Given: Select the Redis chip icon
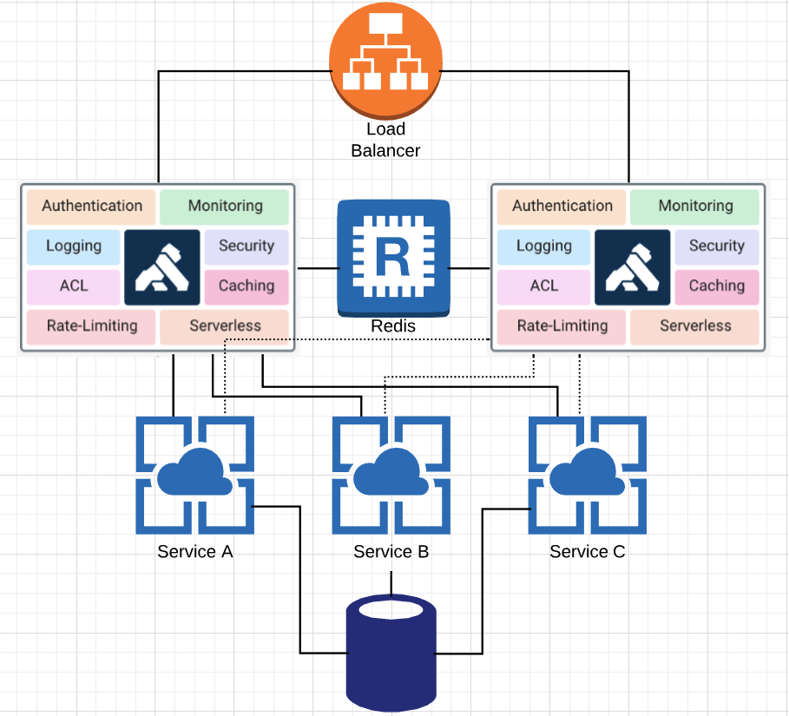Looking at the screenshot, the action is click(393, 259).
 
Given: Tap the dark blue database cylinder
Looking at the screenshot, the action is click(391, 654).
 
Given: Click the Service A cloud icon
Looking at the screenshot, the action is click(194, 475).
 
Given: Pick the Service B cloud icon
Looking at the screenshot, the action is click(391, 475).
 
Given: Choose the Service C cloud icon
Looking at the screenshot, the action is click(588, 475).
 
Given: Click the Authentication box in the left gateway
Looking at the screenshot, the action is click(91, 207).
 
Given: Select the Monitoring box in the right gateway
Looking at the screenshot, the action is click(694, 207).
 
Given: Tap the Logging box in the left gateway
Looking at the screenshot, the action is click(74, 247).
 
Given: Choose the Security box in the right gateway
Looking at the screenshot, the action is click(717, 247).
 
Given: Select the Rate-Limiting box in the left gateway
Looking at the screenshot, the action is click(91, 327).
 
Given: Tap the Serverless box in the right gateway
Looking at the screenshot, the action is click(694, 327).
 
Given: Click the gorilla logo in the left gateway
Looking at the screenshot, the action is click(162, 267).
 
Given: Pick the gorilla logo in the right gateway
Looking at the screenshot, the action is click(633, 267).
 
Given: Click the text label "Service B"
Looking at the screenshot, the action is click(391, 552).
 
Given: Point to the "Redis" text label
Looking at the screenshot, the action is click(393, 326).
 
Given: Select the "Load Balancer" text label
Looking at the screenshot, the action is click(385, 140).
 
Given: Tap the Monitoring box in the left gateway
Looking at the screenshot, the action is click(225, 207).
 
